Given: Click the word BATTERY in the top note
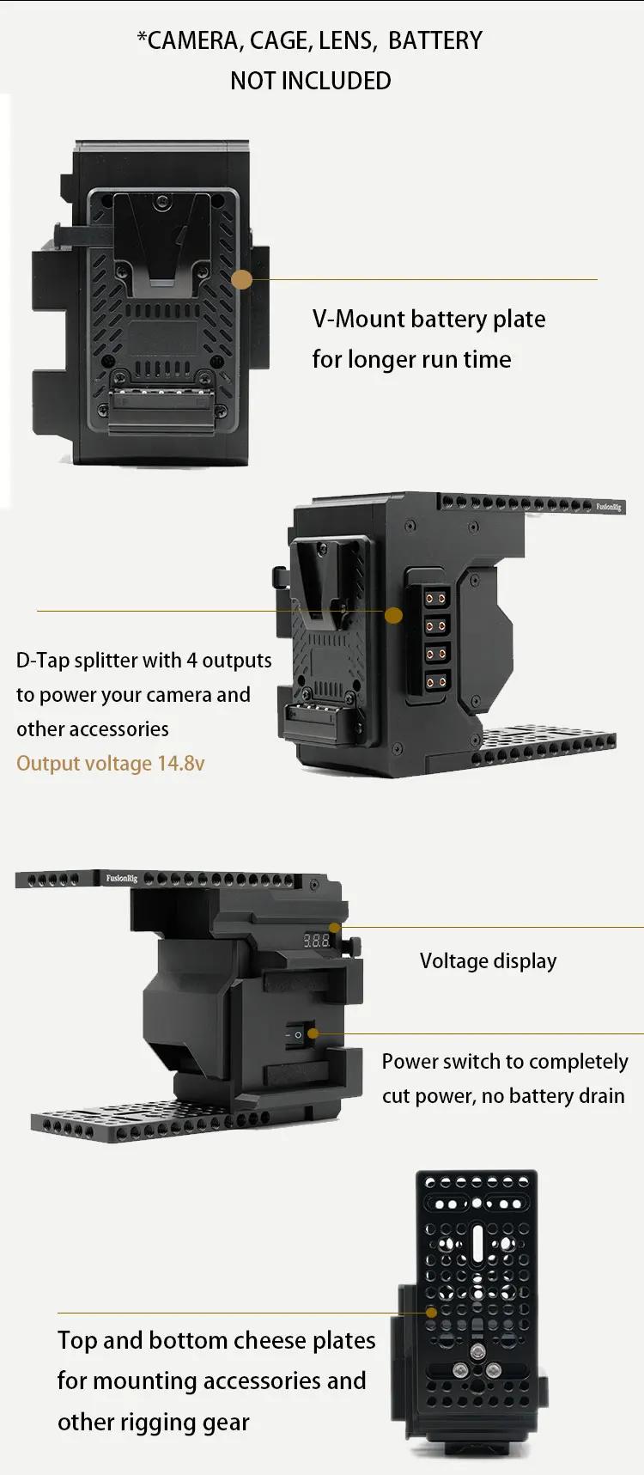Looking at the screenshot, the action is [x=435, y=40].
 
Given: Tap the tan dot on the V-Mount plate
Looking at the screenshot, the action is [x=242, y=279].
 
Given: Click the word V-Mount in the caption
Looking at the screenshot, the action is [x=359, y=319].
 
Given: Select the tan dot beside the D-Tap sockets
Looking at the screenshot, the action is [x=393, y=615].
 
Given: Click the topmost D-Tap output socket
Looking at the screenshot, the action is [x=437, y=598].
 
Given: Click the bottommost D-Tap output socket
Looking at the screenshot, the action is [x=437, y=682].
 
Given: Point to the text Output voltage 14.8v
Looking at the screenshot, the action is [x=111, y=764].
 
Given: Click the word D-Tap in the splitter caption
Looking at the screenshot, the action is [x=43, y=660].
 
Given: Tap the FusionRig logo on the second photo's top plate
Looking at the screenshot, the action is [x=608, y=507].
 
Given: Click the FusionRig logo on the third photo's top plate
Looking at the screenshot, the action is [x=121, y=879].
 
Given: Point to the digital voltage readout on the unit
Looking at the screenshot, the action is [x=316, y=941].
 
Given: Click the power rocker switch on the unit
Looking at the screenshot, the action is [x=295, y=1035].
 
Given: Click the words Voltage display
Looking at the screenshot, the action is [x=488, y=961].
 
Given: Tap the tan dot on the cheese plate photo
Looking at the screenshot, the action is [x=431, y=1313].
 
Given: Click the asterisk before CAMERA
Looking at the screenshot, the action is [x=142, y=37].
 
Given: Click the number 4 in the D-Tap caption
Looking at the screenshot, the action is [x=192, y=660].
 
